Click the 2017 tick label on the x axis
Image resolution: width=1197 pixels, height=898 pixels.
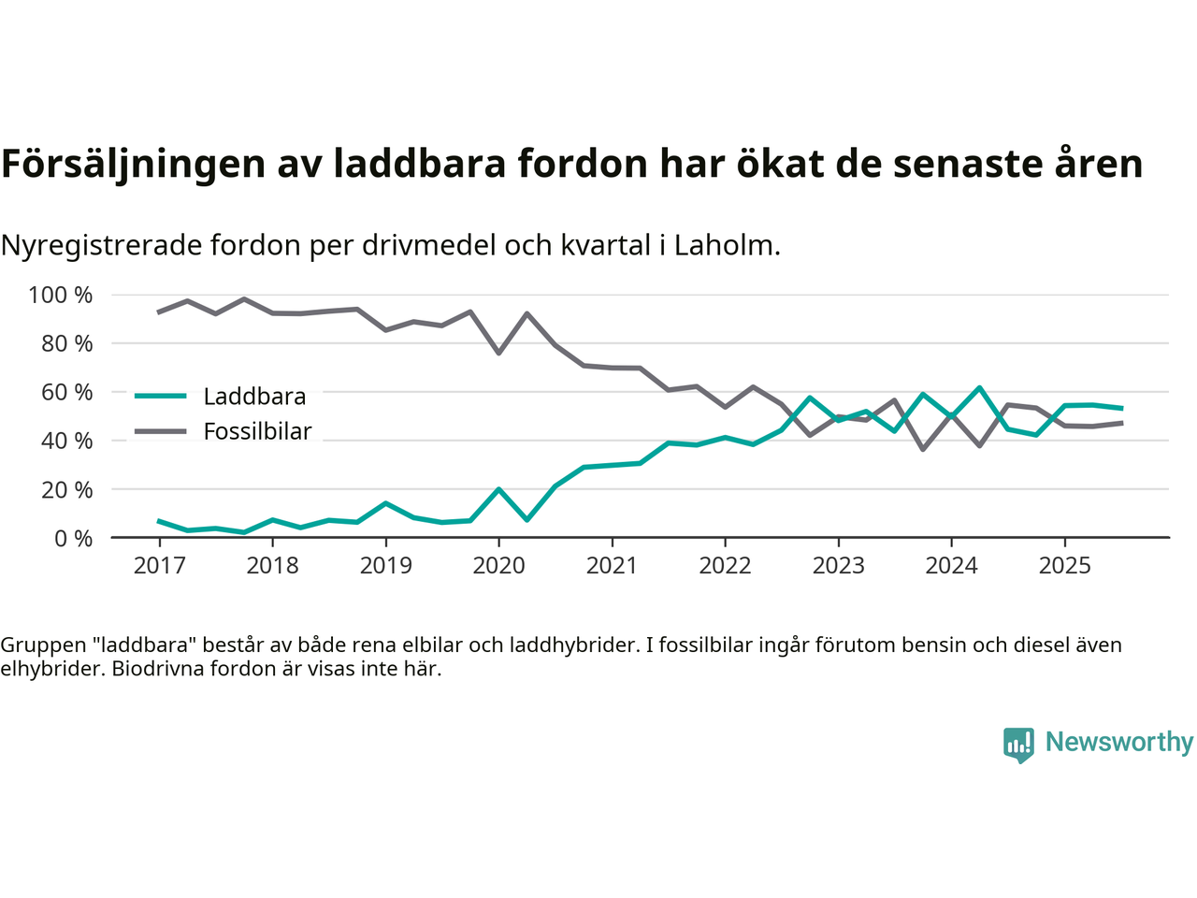click(159, 566)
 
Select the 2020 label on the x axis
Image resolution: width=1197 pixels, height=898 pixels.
click(498, 566)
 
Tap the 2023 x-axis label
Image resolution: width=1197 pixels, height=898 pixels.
click(838, 566)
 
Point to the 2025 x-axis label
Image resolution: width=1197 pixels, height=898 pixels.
click(1064, 566)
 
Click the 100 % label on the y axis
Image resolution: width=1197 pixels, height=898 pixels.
click(61, 296)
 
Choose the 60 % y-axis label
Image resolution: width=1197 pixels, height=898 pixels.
click(66, 393)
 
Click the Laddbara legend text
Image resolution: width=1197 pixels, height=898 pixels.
click(254, 397)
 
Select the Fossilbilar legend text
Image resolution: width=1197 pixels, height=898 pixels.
click(257, 432)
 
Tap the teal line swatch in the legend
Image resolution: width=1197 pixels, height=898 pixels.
click(161, 397)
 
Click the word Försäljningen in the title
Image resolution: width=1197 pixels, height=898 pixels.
click(134, 165)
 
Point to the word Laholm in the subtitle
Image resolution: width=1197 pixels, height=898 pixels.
click(726, 246)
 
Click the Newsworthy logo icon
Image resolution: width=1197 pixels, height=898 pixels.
click(1018, 745)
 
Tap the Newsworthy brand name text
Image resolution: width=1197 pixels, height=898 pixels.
click(1119, 742)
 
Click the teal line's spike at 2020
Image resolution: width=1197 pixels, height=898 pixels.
click(498, 489)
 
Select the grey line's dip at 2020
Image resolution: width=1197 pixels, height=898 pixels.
click(498, 353)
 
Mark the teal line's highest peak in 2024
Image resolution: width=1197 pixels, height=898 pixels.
click(979, 387)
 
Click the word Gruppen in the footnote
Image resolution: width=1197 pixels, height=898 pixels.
click(40, 645)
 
